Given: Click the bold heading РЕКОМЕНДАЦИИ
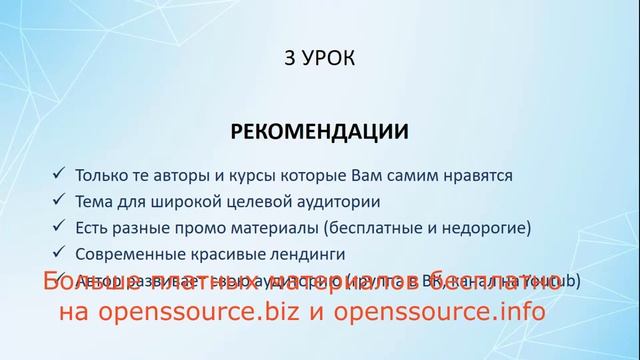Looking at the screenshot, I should pyautogui.click(x=320, y=131).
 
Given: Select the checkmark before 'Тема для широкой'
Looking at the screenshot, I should pyautogui.click(x=62, y=200).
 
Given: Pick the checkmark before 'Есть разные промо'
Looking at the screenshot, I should pyautogui.click(x=62, y=226).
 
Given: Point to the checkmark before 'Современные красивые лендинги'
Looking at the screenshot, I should pyautogui.click(x=62, y=252).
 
